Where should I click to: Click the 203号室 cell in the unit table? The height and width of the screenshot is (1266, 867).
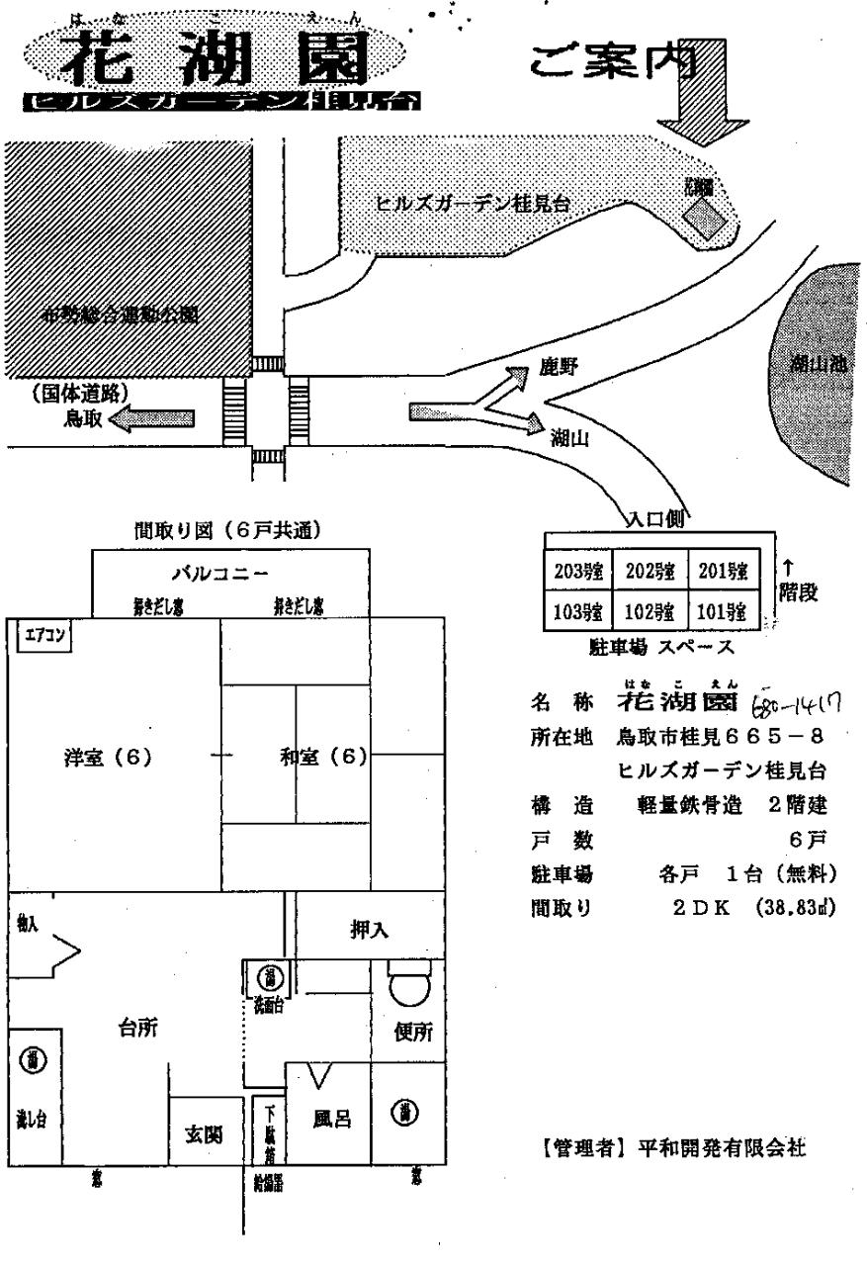[577, 571]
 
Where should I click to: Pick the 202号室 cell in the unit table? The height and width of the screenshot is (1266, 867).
[650, 571]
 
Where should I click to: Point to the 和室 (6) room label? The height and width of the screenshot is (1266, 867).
[322, 759]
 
